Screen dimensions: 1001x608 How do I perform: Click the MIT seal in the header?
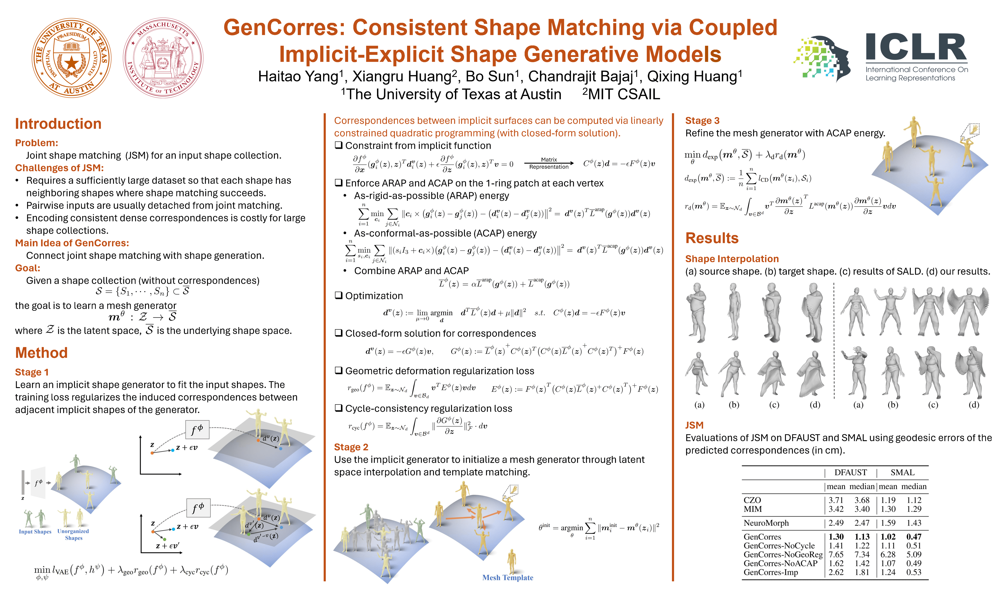pyautogui.click(x=163, y=58)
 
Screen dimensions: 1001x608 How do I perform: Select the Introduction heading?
pyautogui.click(x=58, y=124)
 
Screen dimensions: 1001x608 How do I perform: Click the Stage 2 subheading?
pyautogui.click(x=351, y=447)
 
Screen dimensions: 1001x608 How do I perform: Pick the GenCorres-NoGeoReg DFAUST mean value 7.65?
pyautogui.click(x=836, y=554)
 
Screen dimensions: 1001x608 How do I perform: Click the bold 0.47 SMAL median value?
pyautogui.click(x=914, y=537)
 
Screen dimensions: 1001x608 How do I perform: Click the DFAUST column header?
pyautogui.click(x=850, y=472)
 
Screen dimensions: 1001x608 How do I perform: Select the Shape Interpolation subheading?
pyautogui.click(x=732, y=259)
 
